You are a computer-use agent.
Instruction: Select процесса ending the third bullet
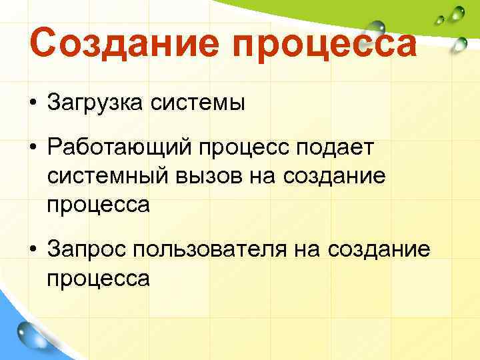click(98, 277)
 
